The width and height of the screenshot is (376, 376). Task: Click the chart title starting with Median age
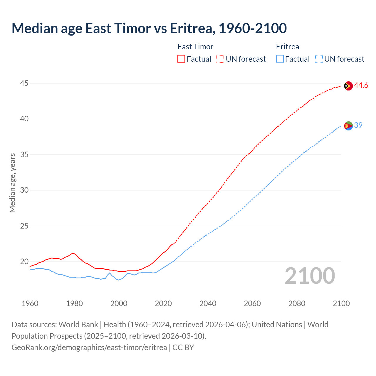tap(149, 28)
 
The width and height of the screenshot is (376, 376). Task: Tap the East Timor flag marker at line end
tap(348, 86)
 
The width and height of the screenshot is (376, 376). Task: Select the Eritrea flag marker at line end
tap(348, 126)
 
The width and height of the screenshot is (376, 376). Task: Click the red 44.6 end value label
tap(361, 85)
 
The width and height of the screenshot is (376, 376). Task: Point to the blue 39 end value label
tap(358, 125)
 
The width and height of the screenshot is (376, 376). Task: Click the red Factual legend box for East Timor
tap(181, 59)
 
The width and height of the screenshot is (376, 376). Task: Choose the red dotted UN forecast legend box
tap(220, 59)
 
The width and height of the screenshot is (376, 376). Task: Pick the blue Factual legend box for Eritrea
tap(280, 59)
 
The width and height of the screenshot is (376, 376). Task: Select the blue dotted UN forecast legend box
tap(319, 59)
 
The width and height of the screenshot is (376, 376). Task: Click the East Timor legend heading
tap(195, 47)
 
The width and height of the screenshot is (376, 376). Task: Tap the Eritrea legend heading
tap(287, 47)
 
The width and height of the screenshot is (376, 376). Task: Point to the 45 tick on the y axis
tap(24, 83)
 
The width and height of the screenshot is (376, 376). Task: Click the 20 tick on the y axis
tap(24, 261)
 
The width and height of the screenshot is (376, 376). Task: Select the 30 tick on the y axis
tap(24, 190)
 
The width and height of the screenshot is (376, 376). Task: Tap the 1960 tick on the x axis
tap(30, 303)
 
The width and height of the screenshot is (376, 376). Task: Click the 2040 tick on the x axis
tap(208, 303)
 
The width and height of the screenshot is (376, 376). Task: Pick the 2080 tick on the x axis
tap(297, 303)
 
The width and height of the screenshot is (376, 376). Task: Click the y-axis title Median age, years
tap(12, 183)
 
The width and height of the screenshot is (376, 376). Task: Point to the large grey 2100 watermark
tap(310, 276)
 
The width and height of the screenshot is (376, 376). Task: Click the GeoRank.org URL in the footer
tap(89, 348)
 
